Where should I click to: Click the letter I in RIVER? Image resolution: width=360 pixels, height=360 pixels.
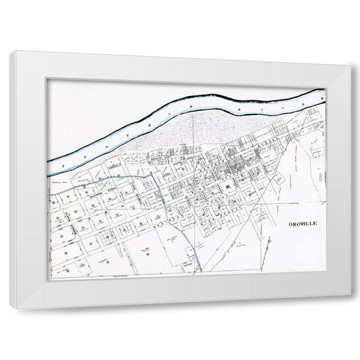tap(268, 103)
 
